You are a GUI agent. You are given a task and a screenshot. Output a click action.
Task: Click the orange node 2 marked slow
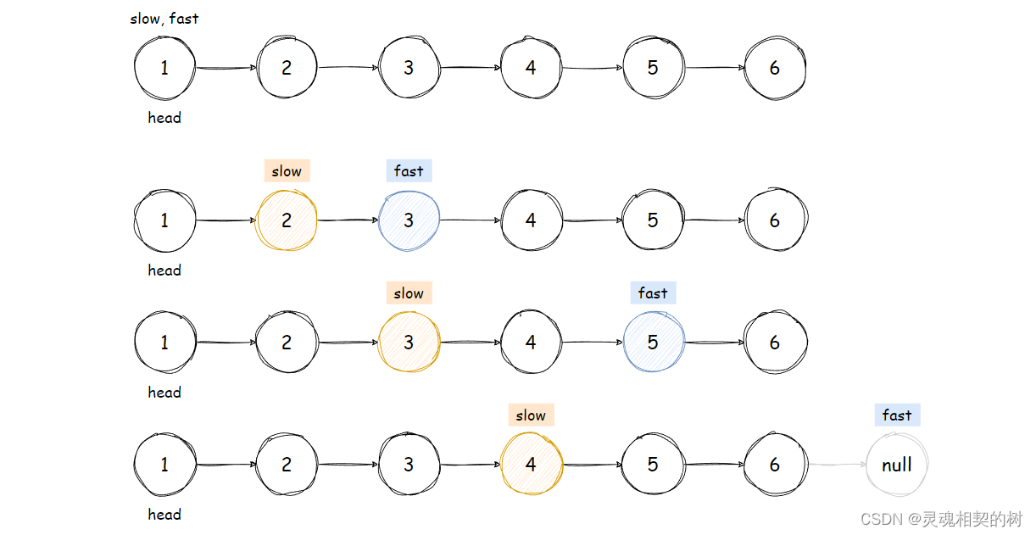point(287,220)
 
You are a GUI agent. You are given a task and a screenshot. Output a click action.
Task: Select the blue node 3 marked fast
point(409,220)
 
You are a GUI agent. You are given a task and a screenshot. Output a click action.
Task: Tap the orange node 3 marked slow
point(409,343)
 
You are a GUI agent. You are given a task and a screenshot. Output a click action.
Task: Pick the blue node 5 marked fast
point(653,343)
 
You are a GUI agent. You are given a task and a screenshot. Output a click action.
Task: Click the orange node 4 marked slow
point(531,465)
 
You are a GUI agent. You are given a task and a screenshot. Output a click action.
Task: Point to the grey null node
point(897,465)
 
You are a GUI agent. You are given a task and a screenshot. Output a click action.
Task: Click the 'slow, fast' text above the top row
point(164,19)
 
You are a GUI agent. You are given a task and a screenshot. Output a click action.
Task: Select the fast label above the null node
point(897,415)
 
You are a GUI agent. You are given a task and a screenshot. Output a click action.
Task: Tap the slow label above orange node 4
point(531,415)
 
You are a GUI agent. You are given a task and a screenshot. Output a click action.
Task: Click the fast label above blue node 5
point(653,293)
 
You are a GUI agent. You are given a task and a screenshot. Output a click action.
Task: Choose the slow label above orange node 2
point(287,170)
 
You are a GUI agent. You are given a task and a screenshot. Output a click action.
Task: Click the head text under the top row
point(164,118)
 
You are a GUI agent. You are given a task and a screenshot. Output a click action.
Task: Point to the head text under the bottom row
point(164,515)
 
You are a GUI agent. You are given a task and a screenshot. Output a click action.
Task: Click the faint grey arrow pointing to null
point(837,465)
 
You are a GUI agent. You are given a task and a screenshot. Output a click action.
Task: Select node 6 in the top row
point(775,68)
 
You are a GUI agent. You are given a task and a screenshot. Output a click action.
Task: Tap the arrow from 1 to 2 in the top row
point(226,68)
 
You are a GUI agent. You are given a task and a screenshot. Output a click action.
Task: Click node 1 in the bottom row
point(164,465)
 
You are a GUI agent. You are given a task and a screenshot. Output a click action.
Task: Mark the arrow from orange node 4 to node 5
point(592,465)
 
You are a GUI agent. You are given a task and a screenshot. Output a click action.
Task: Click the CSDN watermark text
point(941,518)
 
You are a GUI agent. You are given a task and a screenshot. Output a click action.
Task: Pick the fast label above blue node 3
point(409,170)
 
